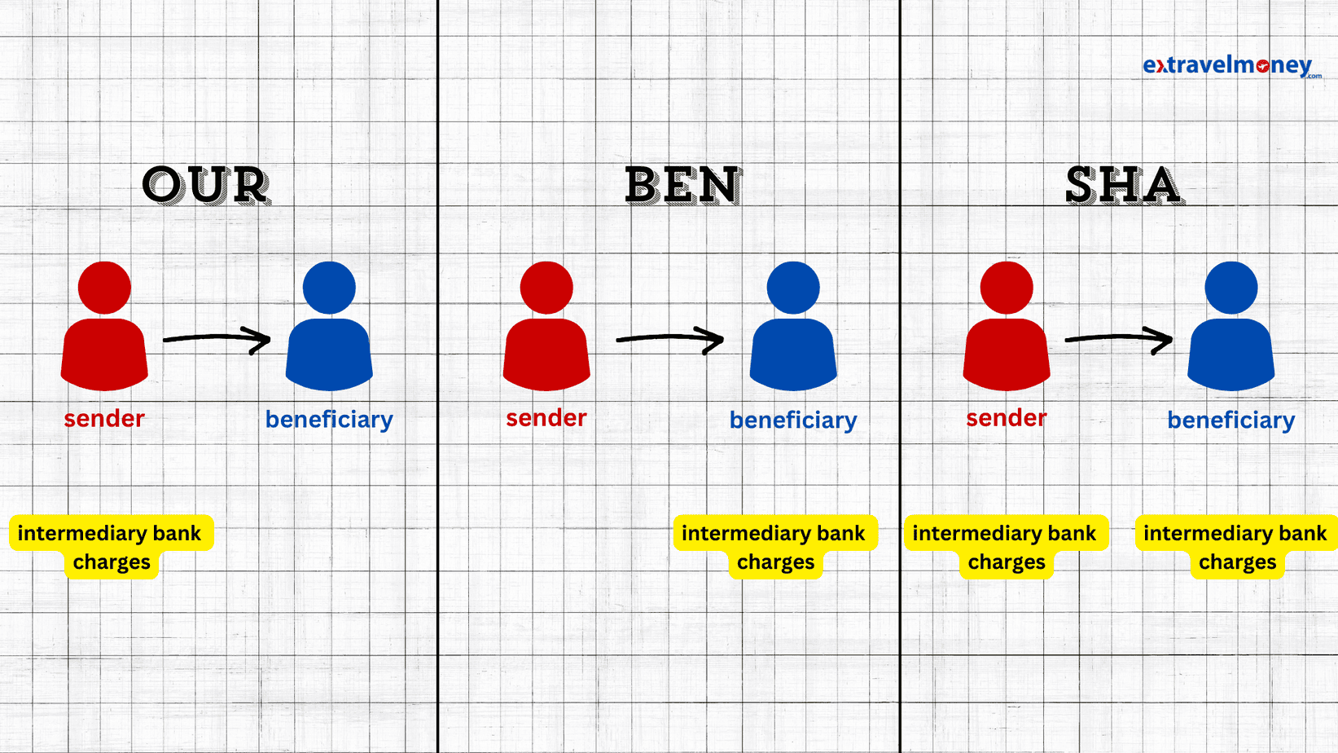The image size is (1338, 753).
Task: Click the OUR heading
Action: [x=206, y=185]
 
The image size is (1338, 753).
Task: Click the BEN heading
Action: [x=683, y=185]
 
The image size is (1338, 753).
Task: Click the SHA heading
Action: [x=1124, y=185]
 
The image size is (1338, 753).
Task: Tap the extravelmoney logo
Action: [x=1231, y=66]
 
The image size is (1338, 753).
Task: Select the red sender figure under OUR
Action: [x=104, y=326]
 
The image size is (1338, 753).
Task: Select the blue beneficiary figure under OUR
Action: [x=329, y=326]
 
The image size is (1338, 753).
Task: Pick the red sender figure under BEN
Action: [x=546, y=326]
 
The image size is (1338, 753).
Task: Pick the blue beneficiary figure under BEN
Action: [x=793, y=326]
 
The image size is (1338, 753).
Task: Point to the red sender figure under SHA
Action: [x=1007, y=326]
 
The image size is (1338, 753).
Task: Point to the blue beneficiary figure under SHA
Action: [x=1231, y=326]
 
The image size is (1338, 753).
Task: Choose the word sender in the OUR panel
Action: [x=104, y=418]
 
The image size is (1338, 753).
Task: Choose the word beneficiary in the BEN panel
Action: [x=793, y=421]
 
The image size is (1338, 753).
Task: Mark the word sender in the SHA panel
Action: [x=1007, y=418]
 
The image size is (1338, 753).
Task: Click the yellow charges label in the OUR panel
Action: [x=112, y=547]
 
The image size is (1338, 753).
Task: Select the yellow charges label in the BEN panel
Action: [x=775, y=547]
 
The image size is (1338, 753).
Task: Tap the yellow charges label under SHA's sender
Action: [x=1007, y=547]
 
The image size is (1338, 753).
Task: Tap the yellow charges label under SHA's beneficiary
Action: [x=1236, y=547]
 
